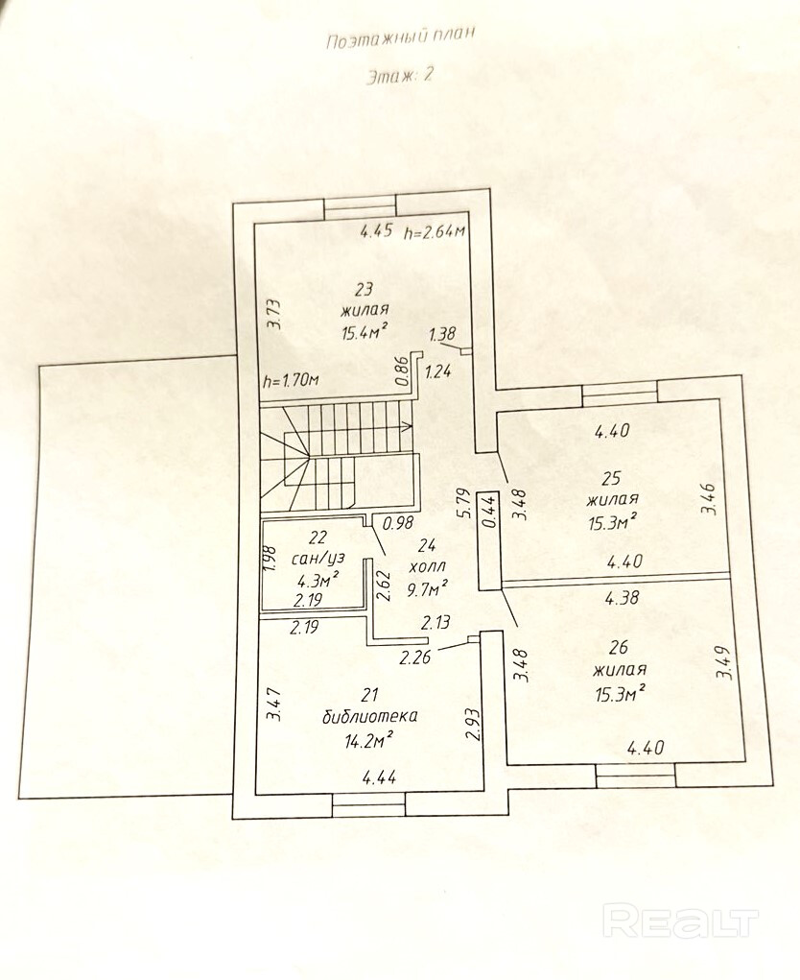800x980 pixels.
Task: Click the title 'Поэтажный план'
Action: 400,40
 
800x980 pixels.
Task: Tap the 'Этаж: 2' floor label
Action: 399,78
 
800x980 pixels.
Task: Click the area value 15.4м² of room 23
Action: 364,333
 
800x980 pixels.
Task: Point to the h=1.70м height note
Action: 291,381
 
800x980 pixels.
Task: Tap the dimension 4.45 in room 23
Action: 376,230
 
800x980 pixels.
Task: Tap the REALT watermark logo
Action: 680,920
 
